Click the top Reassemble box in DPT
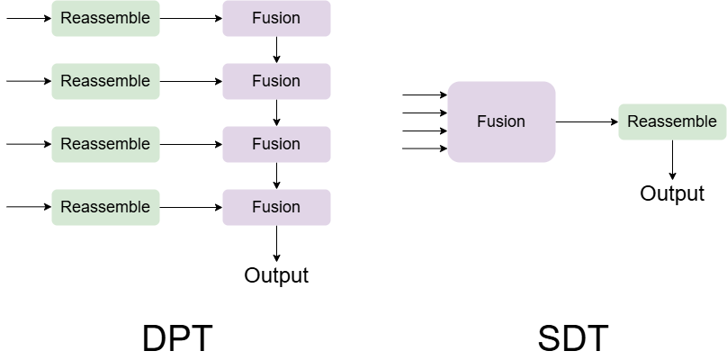pyautogui.click(x=105, y=18)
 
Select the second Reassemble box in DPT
pyautogui.click(x=105, y=81)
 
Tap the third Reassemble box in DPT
pyautogui.click(x=105, y=144)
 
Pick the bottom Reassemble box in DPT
pyautogui.click(x=105, y=207)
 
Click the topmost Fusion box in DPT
pyautogui.click(x=277, y=18)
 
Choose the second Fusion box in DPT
pyautogui.click(x=277, y=81)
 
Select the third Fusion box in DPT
pyautogui.click(x=277, y=144)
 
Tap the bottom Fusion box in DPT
pyautogui.click(x=277, y=207)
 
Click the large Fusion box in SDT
pyautogui.click(x=501, y=121)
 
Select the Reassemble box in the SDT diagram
pyautogui.click(x=672, y=121)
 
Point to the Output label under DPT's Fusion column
pyautogui.click(x=276, y=275)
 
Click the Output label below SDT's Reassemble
pyautogui.click(x=672, y=193)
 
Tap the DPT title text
pyautogui.click(x=177, y=339)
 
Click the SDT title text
pyautogui.click(x=573, y=339)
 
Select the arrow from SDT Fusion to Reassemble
pyautogui.click(x=587, y=122)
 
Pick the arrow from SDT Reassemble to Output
pyautogui.click(x=672, y=160)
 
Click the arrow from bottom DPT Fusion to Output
pyautogui.click(x=277, y=244)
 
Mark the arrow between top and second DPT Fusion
pyautogui.click(x=277, y=49)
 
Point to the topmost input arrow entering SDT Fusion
pyautogui.click(x=425, y=94)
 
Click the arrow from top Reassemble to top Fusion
pyautogui.click(x=191, y=19)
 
